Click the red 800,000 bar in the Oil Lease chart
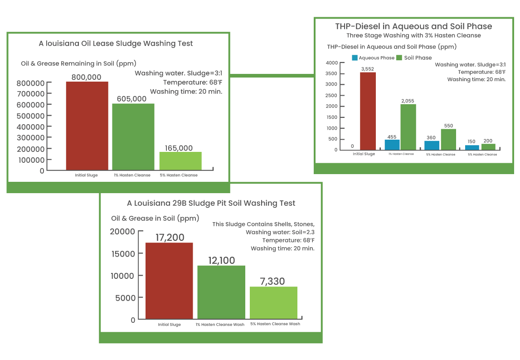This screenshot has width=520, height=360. point(87,126)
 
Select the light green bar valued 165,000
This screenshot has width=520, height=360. point(180,161)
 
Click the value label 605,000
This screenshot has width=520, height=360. point(131,99)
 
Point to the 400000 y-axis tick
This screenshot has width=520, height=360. point(30,126)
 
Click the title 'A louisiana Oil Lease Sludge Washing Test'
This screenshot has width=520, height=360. point(116,44)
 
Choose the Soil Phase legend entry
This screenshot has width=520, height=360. point(414,58)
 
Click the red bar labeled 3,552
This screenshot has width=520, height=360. point(368,111)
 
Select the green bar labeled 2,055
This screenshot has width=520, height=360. point(408,127)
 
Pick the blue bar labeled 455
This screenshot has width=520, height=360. point(392,144)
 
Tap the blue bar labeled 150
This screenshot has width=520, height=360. point(472,147)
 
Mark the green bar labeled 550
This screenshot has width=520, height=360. point(448,139)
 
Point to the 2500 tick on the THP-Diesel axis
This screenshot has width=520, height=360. point(332,95)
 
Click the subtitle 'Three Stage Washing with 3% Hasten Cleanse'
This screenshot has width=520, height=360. point(413,35)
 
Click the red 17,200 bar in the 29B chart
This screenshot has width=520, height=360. point(169,281)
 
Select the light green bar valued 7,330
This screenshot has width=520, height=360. point(273,302)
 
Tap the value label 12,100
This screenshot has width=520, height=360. point(221,260)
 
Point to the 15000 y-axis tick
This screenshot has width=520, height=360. point(123,253)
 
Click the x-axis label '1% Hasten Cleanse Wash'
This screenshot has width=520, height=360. point(220,325)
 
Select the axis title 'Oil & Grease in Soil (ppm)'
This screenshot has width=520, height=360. point(155,218)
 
